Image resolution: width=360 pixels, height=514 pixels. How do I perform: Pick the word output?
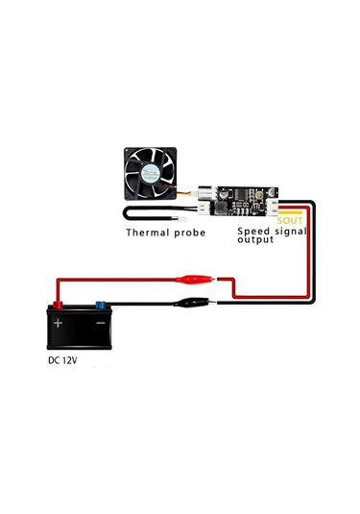click(x=255, y=240)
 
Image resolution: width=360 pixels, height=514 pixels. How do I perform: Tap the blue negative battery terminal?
click(x=100, y=306)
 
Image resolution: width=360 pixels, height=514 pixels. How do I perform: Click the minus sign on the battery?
click(x=99, y=323)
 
